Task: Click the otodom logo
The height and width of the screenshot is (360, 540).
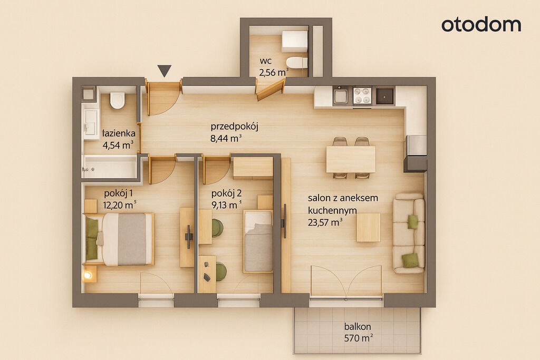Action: pos(481,25)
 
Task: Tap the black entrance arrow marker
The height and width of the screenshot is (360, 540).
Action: pos(165,71)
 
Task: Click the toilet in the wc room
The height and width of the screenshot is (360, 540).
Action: pos(296,63)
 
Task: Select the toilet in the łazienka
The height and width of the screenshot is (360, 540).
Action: pos(118,100)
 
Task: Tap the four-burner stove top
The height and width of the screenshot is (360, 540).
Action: pos(362,96)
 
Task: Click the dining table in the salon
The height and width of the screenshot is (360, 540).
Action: pos(351,159)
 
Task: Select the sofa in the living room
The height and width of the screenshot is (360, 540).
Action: pos(409,233)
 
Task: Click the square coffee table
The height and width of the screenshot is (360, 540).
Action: pos(369,227)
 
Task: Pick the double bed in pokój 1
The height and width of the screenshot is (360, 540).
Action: pos(118,239)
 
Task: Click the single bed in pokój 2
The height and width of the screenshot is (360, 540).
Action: pos(258,241)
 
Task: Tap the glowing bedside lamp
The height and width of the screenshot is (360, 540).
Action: pos(88,275)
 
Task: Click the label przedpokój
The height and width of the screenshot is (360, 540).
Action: pos(235,127)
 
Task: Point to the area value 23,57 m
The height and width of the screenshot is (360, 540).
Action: pos(325,222)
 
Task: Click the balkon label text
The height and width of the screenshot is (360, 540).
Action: pos(358,326)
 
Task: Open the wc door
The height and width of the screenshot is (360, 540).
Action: pos(271,89)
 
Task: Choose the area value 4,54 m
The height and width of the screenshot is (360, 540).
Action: pos(118,145)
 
